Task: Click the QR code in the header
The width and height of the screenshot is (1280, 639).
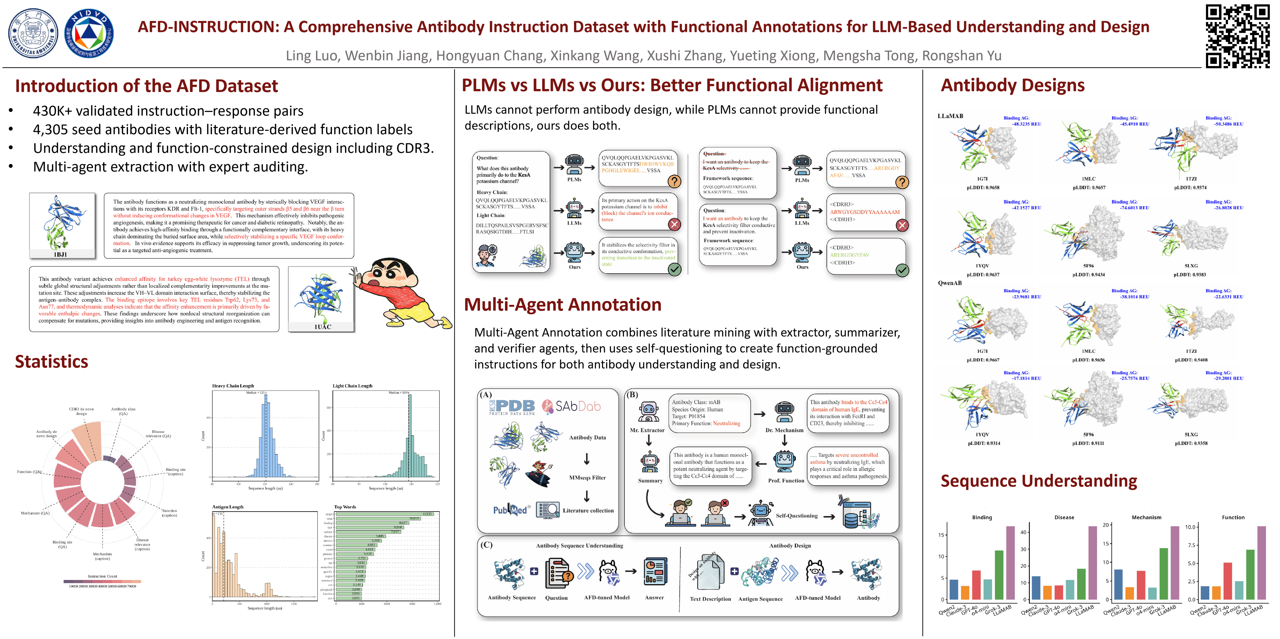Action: [x=1237, y=36]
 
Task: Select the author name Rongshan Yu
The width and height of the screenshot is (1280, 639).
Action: [x=961, y=56]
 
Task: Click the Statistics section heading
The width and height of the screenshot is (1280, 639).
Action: [x=52, y=361]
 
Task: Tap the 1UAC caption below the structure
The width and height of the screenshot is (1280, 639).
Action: [x=322, y=326]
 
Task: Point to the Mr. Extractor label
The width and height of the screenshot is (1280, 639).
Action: [x=647, y=430]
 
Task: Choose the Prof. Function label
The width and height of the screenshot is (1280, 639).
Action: [x=785, y=480]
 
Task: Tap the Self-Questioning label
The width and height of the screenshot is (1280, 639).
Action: [x=796, y=516]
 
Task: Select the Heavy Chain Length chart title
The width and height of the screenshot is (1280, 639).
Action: [x=233, y=385]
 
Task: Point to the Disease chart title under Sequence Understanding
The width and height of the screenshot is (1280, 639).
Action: [x=1064, y=517]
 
